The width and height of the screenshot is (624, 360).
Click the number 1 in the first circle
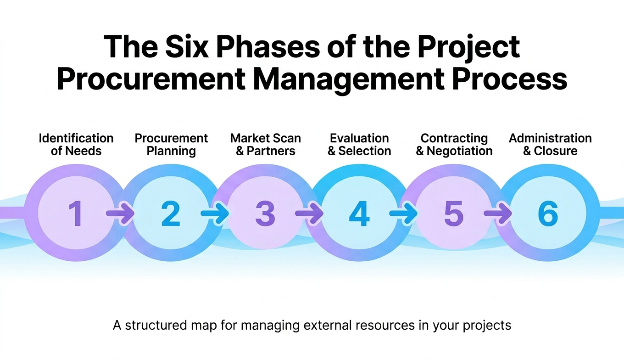click(75, 214)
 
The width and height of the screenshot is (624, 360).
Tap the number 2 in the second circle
click(171, 214)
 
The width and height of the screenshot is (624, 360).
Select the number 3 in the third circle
click(265, 214)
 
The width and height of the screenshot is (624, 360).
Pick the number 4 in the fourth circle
click(359, 214)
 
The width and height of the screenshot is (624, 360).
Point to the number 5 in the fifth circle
click(453, 214)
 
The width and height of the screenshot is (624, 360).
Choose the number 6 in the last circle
click(548, 214)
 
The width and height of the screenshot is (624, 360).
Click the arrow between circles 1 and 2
click(119, 214)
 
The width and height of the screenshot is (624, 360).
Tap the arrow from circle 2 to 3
click(214, 214)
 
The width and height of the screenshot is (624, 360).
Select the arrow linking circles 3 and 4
click(309, 214)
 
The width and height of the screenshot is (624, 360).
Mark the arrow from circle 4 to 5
click(403, 214)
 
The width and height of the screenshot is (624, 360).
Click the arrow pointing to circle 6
click(498, 214)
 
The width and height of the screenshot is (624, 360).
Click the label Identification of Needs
click(76, 145)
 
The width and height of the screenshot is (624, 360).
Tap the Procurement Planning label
click(171, 145)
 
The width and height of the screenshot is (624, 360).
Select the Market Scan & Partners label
click(266, 145)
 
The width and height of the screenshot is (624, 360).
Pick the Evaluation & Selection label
click(359, 145)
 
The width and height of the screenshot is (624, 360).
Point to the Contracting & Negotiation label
click(454, 145)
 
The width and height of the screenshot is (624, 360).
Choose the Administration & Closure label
click(550, 145)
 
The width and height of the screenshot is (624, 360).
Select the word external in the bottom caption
click(328, 326)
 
